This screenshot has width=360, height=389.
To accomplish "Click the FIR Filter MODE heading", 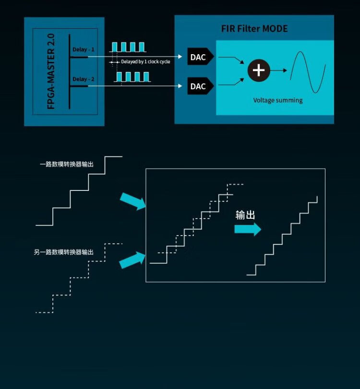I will [254, 29].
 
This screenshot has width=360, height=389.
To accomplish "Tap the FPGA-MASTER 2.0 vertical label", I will [51, 71].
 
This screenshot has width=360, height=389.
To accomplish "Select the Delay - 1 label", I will [84, 49].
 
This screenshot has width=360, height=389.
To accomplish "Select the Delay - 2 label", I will [84, 79].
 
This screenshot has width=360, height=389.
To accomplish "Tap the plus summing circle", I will [259, 70].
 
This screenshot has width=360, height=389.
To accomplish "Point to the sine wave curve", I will [307, 71].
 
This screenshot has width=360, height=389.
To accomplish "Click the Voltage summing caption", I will [278, 100].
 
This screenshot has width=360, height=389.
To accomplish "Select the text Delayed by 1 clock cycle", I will [145, 62].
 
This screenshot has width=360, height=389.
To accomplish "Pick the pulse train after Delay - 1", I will [128, 47].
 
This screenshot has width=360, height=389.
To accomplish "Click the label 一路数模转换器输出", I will [66, 165].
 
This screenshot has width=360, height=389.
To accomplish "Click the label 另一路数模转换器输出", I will [63, 252].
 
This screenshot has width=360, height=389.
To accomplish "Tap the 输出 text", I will [245, 215].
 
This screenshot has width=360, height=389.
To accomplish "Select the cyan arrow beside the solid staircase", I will [132, 201].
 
